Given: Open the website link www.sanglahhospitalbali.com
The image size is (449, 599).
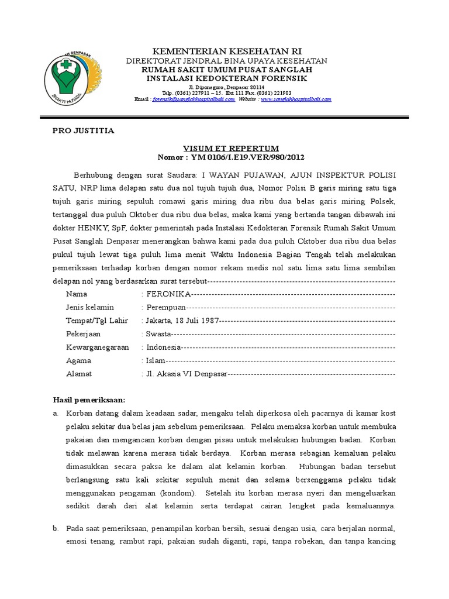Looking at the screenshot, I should click(x=296, y=99).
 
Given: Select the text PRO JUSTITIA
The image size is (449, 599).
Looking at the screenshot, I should click(x=84, y=131).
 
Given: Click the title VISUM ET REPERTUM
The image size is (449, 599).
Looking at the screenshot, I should click(x=232, y=149).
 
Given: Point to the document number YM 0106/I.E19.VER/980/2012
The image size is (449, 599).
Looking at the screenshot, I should click(x=246, y=157).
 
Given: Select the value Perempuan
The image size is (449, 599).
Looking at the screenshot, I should click(x=167, y=307).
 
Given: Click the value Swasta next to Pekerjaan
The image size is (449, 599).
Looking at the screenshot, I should click(x=158, y=333).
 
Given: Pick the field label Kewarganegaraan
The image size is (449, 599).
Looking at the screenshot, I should click(x=97, y=347).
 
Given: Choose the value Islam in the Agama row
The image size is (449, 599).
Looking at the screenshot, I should click(x=157, y=360).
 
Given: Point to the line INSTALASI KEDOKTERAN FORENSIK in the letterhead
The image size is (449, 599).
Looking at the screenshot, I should click(x=227, y=78).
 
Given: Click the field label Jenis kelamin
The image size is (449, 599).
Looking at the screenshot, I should click(x=90, y=307).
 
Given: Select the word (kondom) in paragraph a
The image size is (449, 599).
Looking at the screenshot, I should click(x=181, y=493).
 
